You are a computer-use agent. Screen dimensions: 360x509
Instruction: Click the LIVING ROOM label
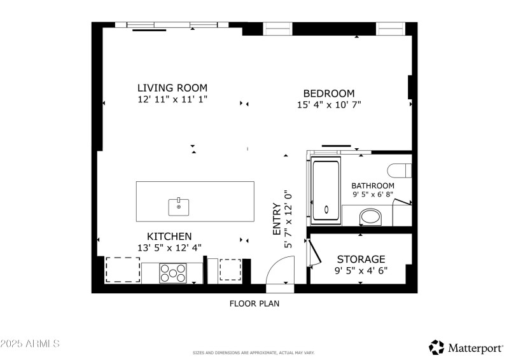click(x=172, y=88)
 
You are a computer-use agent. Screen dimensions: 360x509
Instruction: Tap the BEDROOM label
click(x=328, y=93)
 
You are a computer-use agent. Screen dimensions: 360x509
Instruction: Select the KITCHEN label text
click(x=169, y=236)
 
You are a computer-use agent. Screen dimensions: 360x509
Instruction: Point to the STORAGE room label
click(x=361, y=259)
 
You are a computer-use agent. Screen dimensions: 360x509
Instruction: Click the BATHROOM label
click(x=373, y=186)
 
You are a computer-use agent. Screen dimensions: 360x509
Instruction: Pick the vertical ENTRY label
click(x=276, y=219)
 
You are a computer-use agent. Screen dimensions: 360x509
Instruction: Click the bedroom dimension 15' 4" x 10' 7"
click(x=329, y=104)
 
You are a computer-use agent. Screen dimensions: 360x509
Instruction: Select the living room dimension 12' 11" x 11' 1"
click(x=172, y=99)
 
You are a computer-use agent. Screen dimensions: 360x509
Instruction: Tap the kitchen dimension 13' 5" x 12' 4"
click(x=169, y=247)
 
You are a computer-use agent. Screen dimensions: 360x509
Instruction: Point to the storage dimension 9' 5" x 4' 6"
click(x=361, y=270)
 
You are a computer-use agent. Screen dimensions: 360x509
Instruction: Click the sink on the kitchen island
click(x=179, y=206)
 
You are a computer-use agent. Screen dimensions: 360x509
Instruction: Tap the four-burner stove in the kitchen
click(x=172, y=273)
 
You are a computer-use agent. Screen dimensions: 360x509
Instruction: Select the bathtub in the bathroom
click(x=326, y=191)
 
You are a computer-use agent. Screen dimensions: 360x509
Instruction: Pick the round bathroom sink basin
click(x=370, y=218)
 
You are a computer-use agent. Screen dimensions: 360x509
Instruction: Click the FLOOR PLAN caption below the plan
click(x=254, y=303)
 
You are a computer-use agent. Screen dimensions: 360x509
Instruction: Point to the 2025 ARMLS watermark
click(x=30, y=343)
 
